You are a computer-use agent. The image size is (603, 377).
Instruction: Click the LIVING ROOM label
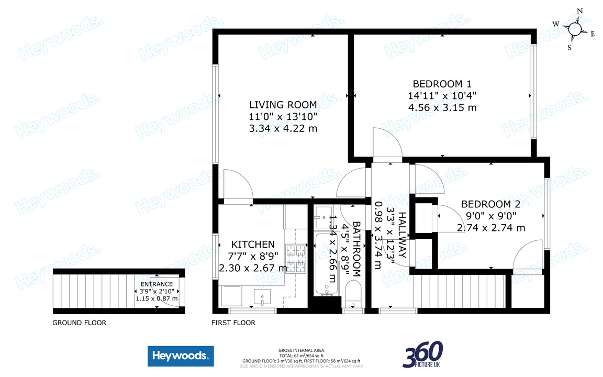pyautogui.click(x=283, y=105)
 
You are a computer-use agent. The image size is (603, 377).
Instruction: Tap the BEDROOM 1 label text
pyautogui.click(x=442, y=84)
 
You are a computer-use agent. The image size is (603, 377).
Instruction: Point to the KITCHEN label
pyautogui.click(x=253, y=245)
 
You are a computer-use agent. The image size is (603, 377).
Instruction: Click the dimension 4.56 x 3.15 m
pyautogui.click(x=442, y=108)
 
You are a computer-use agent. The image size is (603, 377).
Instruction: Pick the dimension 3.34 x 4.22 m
pyautogui.click(x=283, y=128)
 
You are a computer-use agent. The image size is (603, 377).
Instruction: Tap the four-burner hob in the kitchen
pyautogui.click(x=296, y=259)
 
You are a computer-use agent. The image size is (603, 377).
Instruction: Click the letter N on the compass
pyautogui.click(x=579, y=11)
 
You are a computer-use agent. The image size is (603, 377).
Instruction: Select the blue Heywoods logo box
pyautogui.click(x=180, y=357)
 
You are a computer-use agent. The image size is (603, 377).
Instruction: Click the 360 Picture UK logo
pyautogui.click(x=422, y=354)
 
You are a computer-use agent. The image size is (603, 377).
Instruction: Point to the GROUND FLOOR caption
pyautogui.click(x=79, y=323)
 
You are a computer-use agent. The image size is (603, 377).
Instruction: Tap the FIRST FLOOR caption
pyautogui.click(x=233, y=323)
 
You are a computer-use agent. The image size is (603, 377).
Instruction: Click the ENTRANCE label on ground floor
pyautogui.click(x=157, y=284)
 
